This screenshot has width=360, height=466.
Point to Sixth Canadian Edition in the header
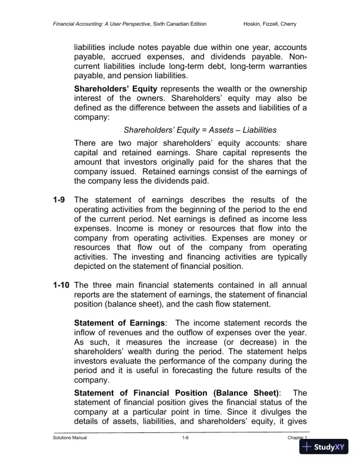pyautogui.click(x=175, y=24)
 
